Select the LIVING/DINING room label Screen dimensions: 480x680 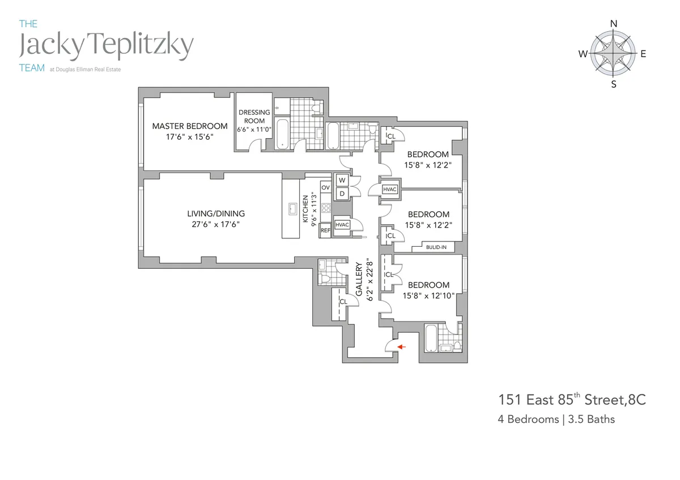click(216, 213)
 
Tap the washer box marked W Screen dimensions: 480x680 click(342, 181)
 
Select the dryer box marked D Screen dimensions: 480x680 click(342, 194)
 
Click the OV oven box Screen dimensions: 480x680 click(325, 187)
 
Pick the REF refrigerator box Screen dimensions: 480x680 click(325, 230)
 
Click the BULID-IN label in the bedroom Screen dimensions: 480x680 click(437, 246)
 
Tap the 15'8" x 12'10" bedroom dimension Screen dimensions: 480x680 click(428, 295)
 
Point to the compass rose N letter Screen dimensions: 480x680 click(613, 24)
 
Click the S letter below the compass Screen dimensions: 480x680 click(613, 85)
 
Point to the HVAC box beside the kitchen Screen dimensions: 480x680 click(342, 225)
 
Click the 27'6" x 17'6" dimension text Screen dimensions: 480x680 click(216, 224)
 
